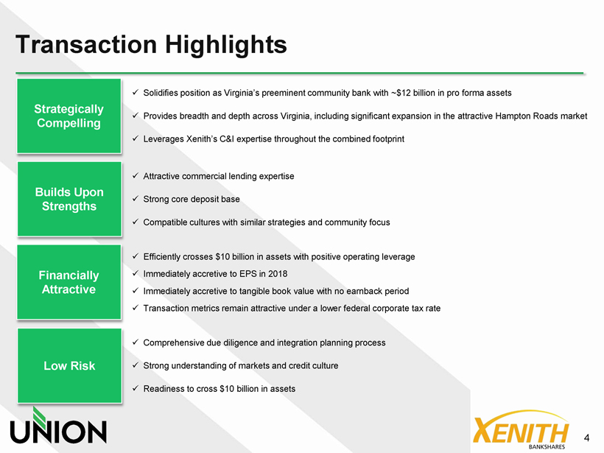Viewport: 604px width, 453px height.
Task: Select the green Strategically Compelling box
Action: tap(69, 116)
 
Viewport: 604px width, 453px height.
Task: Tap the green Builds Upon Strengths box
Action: tap(69, 199)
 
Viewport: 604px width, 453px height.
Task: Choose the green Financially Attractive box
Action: tap(69, 282)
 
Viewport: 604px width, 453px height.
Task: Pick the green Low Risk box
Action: tap(69, 365)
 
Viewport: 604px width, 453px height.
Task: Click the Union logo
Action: tap(58, 425)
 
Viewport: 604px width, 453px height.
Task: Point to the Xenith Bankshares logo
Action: tap(521, 429)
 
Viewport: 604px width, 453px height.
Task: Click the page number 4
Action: tap(586, 438)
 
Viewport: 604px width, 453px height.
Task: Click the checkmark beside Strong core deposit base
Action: tap(136, 199)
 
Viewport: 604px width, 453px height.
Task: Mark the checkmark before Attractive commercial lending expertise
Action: tap(136, 175)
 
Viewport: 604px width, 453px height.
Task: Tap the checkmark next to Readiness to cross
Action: tap(136, 388)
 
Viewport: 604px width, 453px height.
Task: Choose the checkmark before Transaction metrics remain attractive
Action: tap(136, 308)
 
